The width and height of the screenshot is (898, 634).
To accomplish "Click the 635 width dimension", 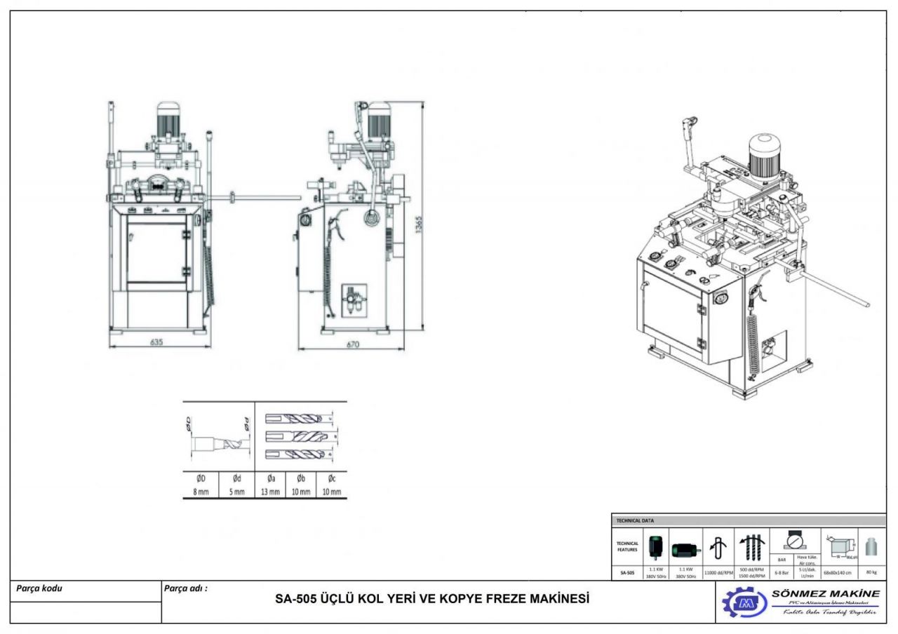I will coord(156,342).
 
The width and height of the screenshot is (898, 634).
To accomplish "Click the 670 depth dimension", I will coord(352,344).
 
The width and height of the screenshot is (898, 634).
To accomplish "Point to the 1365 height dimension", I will coord(419,225).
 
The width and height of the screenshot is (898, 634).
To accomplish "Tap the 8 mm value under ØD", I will coord(201,492).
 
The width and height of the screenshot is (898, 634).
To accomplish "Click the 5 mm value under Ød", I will coord(236,492).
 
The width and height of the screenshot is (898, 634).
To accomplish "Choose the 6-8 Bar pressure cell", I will coord(780,572).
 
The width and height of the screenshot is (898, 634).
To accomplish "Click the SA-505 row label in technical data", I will coord(626,572).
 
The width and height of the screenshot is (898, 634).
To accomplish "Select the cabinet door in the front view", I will coord(156,249).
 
